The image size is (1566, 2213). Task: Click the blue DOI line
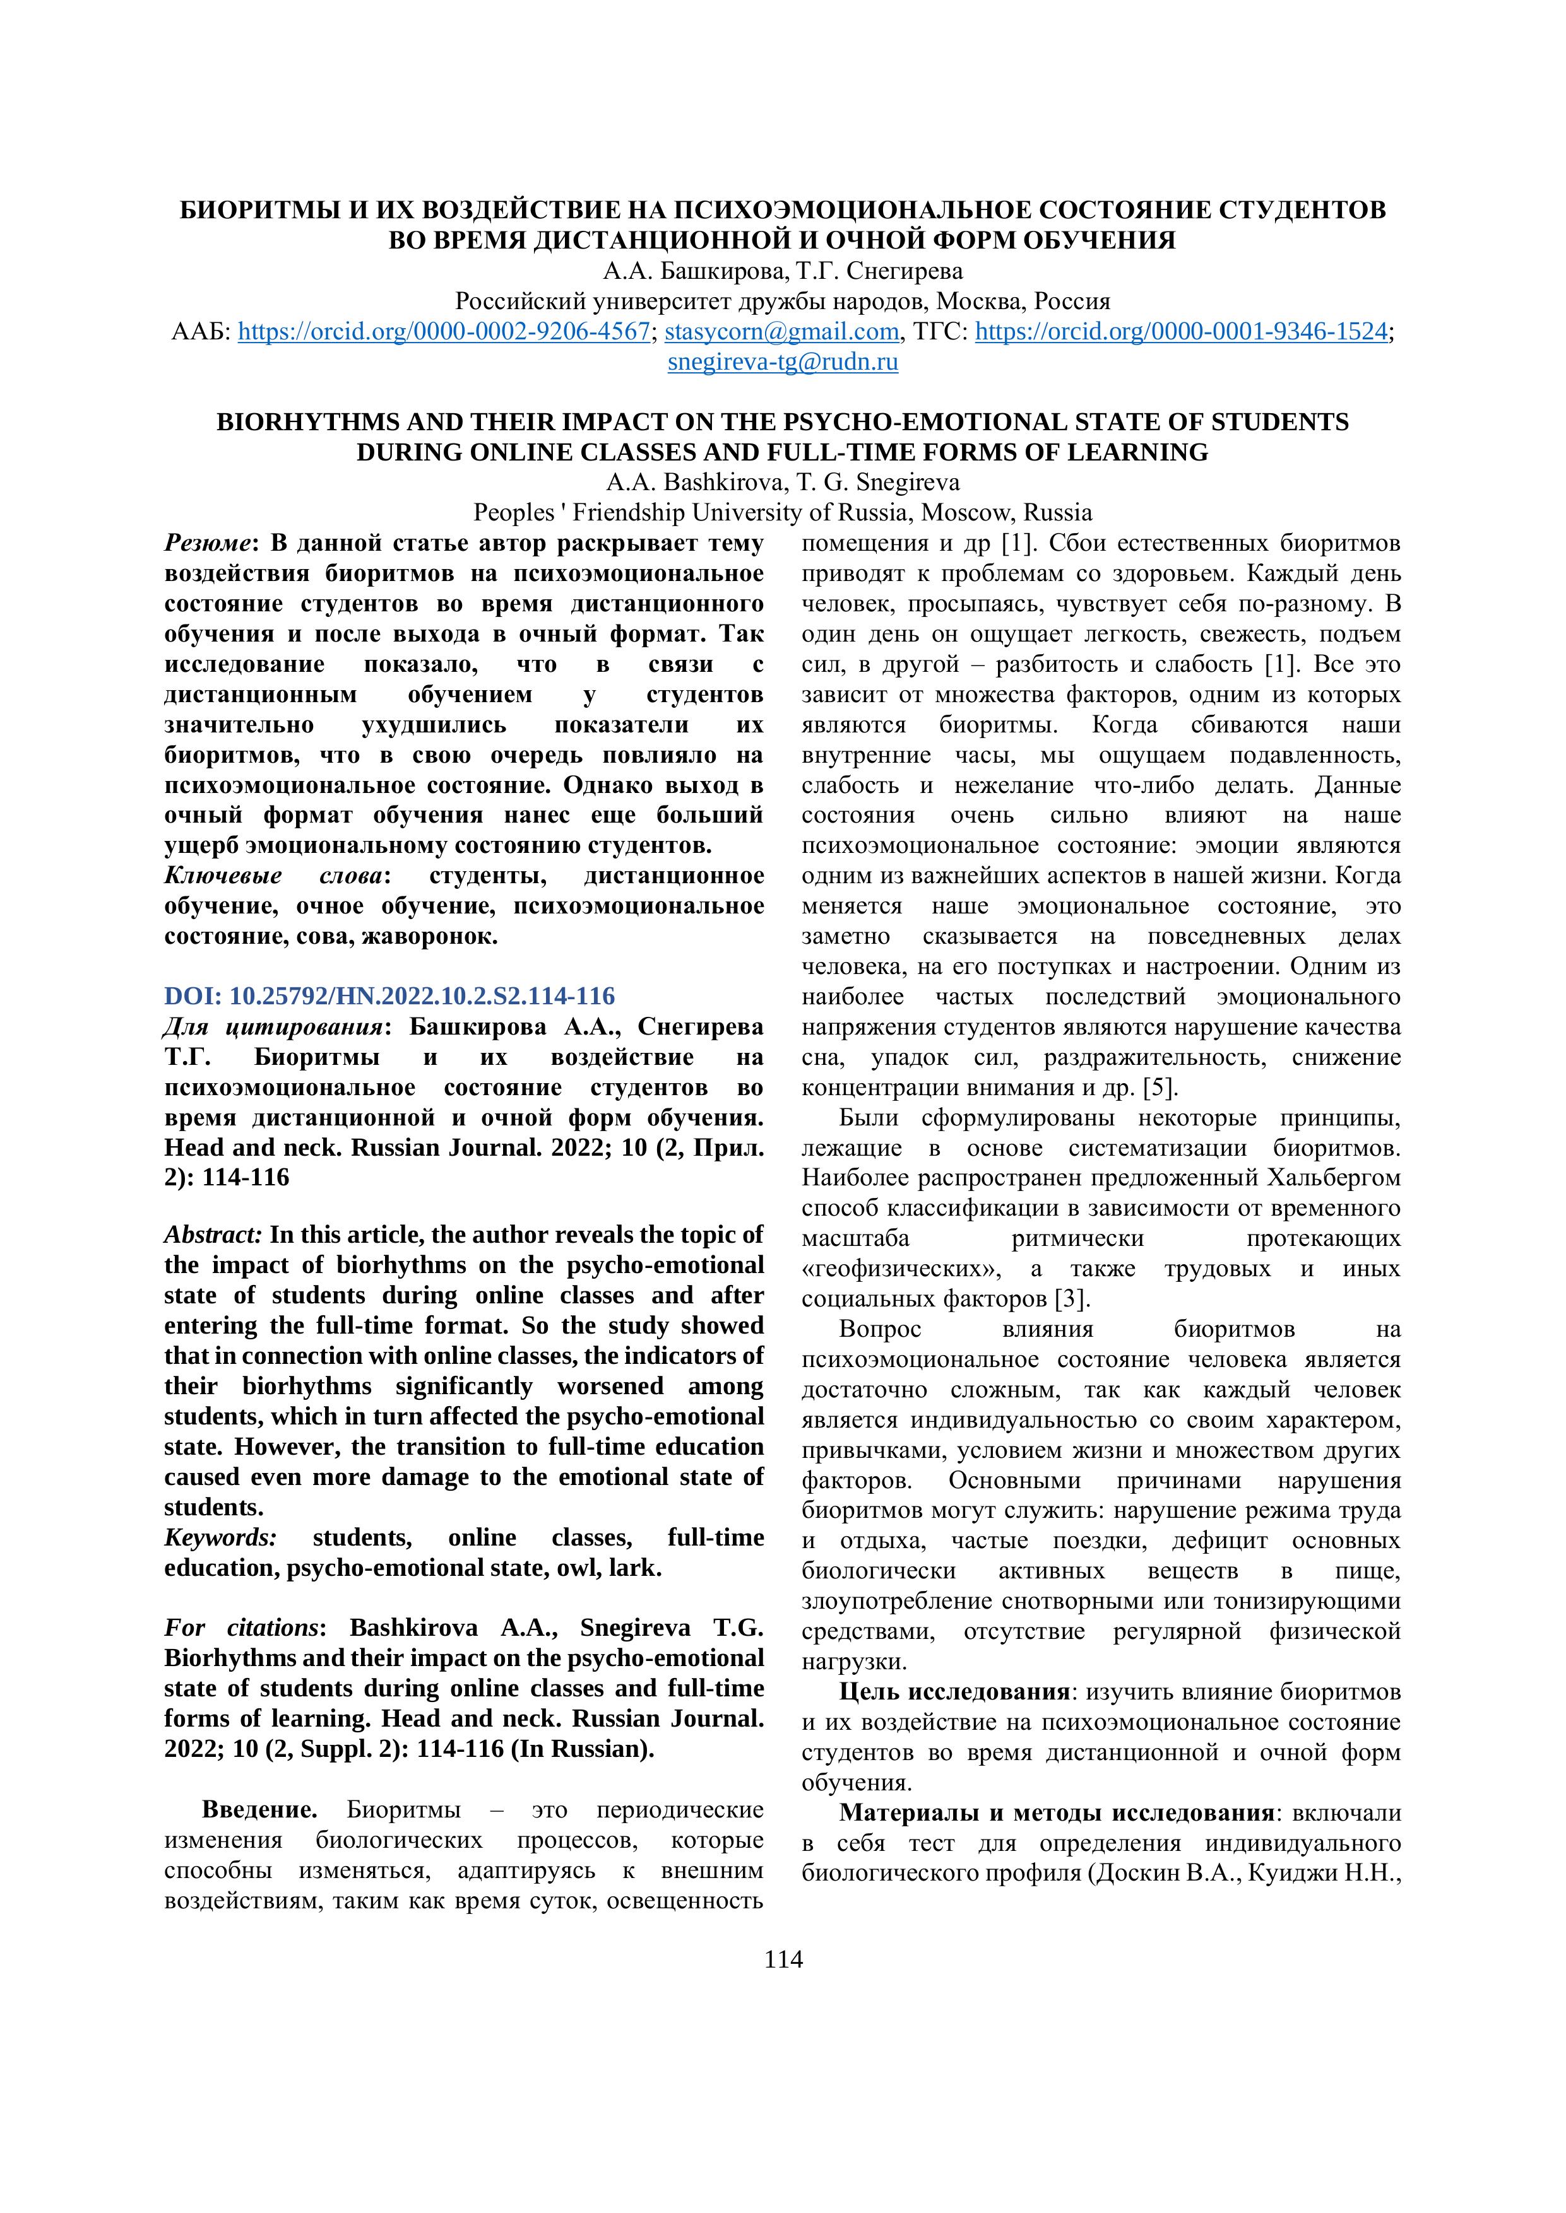[x=389, y=995]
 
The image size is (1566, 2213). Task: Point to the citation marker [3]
[x=1071, y=1298]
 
